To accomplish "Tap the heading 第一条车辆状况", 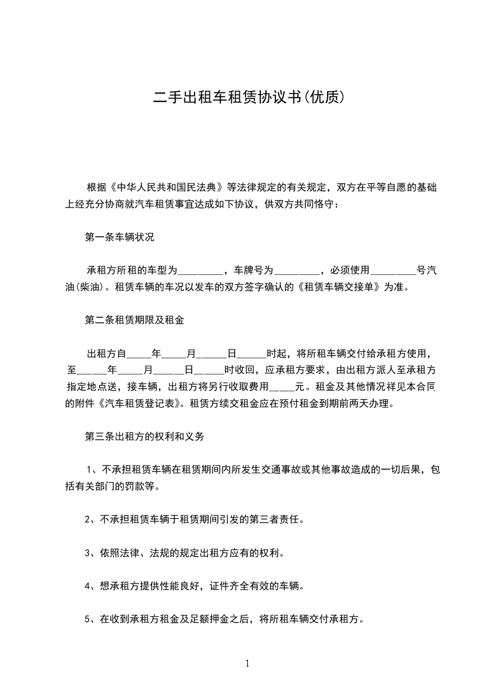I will [x=119, y=237].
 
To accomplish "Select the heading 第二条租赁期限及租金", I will [x=134, y=321].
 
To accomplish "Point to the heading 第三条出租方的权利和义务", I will [x=144, y=437].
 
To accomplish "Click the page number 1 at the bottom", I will [x=247, y=663].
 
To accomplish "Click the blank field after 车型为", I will [x=201, y=271].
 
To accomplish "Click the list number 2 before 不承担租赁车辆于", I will [x=88, y=518].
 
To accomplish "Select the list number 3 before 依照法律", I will [x=88, y=553].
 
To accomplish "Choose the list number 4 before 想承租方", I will [x=88, y=586].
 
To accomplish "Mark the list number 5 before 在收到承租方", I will [x=88, y=620].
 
